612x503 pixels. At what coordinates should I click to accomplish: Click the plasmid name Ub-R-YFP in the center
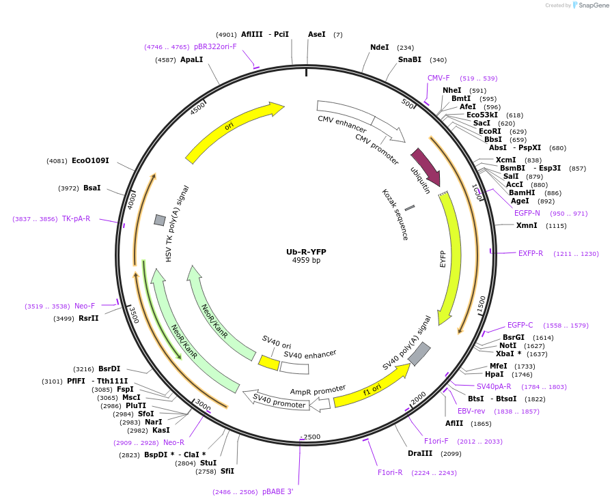pos(306,252)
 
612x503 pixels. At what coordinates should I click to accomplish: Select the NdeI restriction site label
pos(379,47)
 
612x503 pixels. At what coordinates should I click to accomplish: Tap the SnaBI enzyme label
pos(410,59)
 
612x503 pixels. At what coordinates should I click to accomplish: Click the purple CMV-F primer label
pos(439,78)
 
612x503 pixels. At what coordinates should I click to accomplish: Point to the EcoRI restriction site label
pos(490,131)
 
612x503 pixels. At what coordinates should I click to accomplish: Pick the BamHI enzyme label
pos(522,192)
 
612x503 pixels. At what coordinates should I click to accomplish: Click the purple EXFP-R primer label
pos(531,253)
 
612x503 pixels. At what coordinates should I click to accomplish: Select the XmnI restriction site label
pos(527,225)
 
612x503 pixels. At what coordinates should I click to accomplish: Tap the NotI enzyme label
pos(508,345)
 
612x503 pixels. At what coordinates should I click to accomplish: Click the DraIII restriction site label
pos(420,453)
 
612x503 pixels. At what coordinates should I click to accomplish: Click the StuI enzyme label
pos(208,463)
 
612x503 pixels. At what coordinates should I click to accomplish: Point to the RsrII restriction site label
pos(89,318)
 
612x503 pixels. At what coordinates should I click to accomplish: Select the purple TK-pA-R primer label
pos(76,218)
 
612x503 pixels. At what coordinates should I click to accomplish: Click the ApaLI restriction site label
pos(192,59)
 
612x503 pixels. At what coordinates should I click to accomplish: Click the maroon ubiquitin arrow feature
pos(426,168)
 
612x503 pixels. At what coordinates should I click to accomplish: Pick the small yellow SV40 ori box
pos(268,362)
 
